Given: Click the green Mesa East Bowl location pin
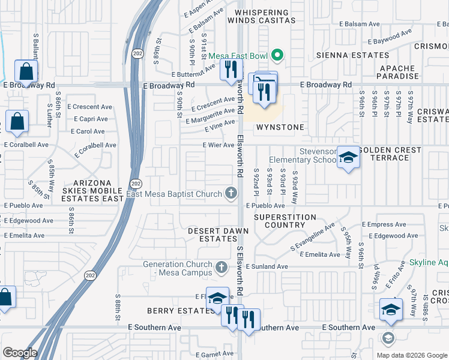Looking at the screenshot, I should (277, 56).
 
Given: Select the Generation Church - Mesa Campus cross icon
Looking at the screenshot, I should (221, 266).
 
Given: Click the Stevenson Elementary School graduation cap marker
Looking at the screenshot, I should (348, 158).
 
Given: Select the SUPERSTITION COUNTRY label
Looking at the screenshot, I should (285, 221).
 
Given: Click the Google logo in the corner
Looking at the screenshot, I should (20, 353).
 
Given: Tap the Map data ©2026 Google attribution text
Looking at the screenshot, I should (411, 355).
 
